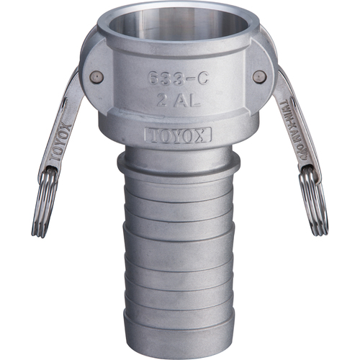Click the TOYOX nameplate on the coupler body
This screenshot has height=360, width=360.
click(x=177, y=135)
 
